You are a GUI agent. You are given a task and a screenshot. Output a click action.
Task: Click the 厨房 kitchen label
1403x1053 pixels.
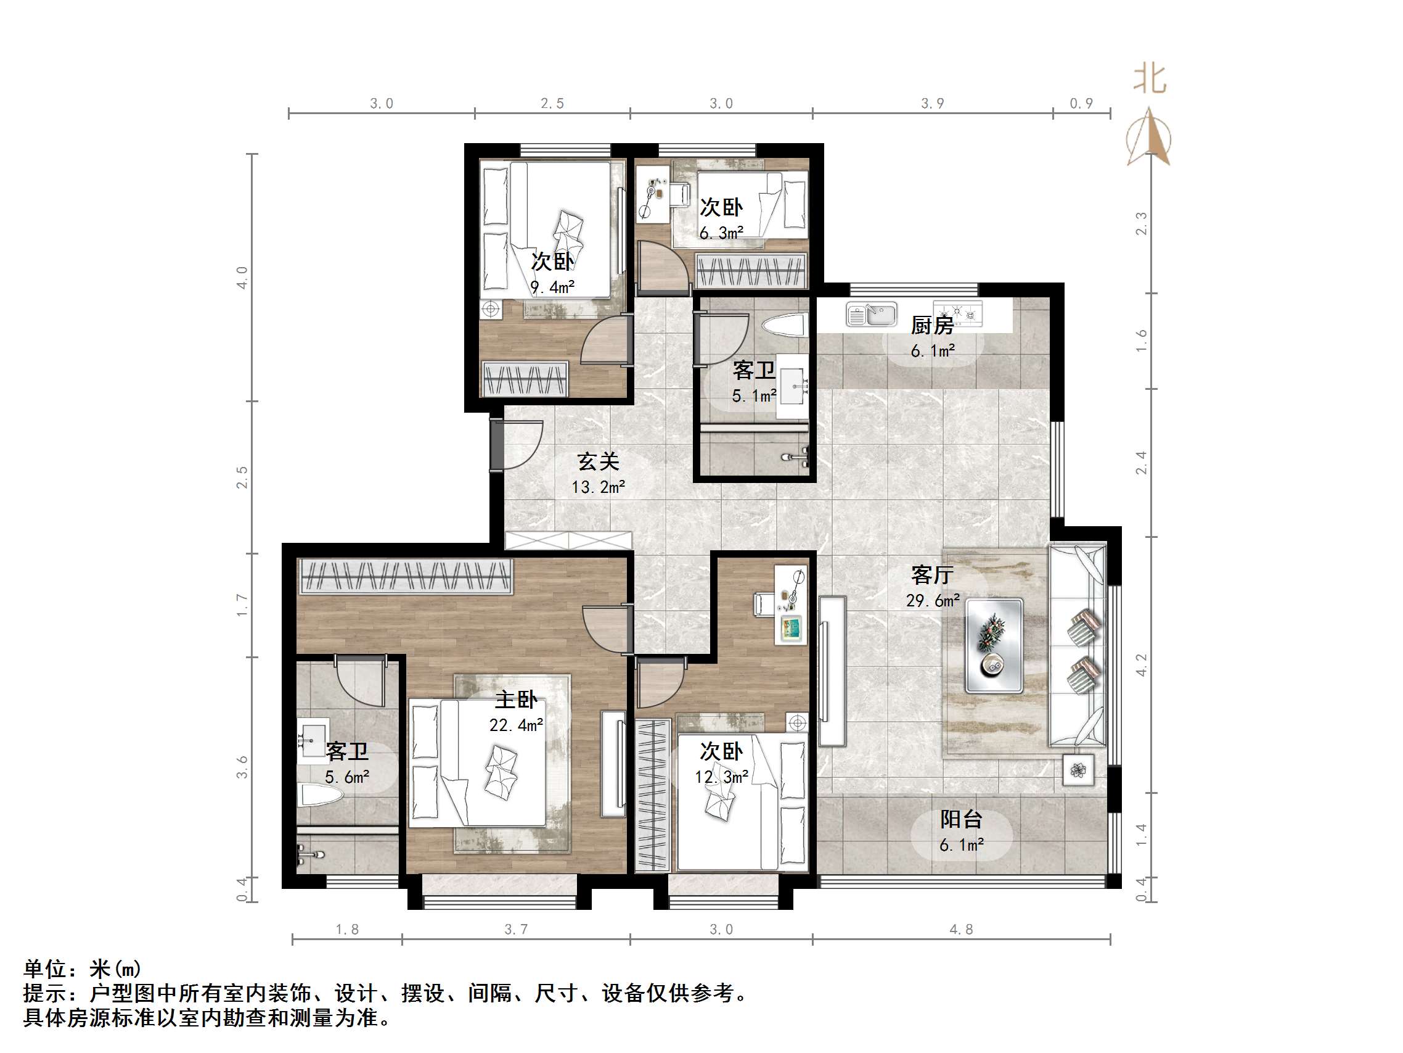click(x=932, y=326)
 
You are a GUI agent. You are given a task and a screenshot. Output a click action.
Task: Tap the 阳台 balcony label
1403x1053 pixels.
click(x=960, y=819)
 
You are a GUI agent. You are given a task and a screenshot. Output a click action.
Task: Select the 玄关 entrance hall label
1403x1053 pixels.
click(x=597, y=461)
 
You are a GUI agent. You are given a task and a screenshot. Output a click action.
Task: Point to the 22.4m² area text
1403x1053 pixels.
click(x=516, y=725)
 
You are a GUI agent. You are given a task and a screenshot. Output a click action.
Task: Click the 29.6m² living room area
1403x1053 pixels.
click(x=932, y=600)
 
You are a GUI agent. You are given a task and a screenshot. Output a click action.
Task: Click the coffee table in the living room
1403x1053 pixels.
click(x=993, y=645)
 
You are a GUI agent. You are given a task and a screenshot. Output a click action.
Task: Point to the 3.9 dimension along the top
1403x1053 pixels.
click(x=933, y=103)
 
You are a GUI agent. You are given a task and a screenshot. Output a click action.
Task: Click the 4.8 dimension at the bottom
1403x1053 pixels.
click(x=961, y=929)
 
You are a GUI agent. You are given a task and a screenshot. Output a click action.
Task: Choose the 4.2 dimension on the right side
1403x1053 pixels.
click(x=1140, y=664)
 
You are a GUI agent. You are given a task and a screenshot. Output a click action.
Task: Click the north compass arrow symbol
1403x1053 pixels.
click(x=1148, y=138)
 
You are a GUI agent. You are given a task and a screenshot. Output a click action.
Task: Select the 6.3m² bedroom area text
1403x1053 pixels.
click(x=721, y=233)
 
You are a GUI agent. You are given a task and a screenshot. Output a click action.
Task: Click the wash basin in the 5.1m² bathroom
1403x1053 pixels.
click(x=793, y=386)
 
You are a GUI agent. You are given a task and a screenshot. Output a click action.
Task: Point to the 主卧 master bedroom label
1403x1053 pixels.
click(x=516, y=700)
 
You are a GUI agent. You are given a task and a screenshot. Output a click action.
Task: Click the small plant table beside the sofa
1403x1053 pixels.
click(x=1078, y=770)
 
